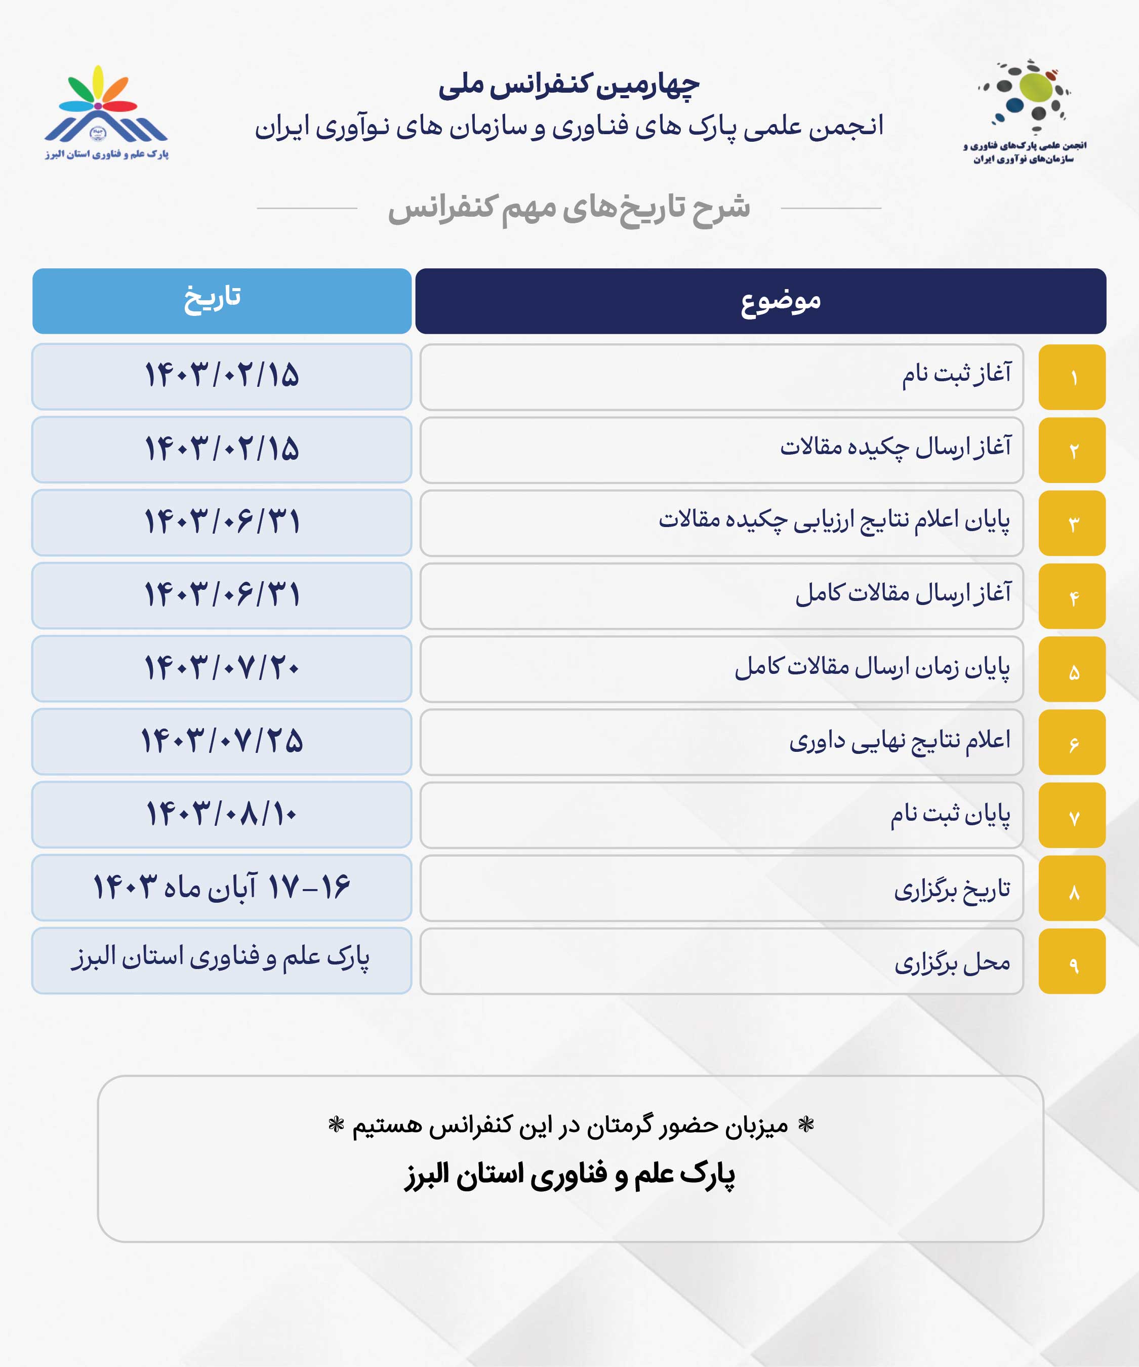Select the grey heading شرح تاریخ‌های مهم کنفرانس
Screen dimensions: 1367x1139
(x=569, y=208)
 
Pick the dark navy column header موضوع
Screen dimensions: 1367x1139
(x=760, y=301)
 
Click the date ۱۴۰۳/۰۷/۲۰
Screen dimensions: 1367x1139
(x=221, y=668)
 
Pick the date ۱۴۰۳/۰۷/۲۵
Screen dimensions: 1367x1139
(x=221, y=741)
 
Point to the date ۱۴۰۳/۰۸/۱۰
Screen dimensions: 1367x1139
(x=221, y=814)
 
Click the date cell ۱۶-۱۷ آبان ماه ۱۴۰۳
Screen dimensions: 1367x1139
(x=221, y=887)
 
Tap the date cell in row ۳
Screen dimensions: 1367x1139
(x=221, y=522)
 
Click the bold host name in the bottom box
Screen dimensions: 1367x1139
(x=569, y=1175)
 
